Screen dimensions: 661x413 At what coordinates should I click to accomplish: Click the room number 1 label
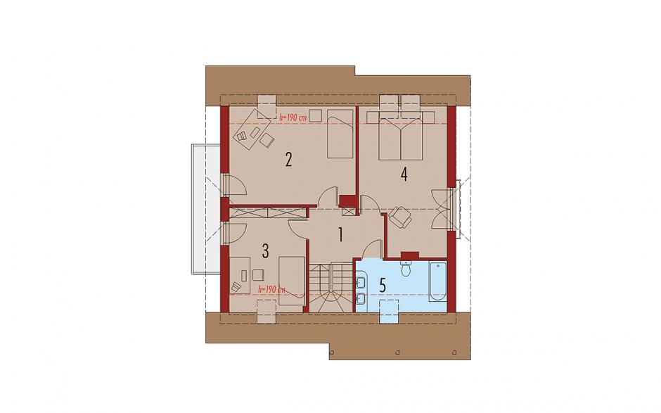pos(340,234)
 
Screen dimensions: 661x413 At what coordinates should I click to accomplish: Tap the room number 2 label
pos(288,160)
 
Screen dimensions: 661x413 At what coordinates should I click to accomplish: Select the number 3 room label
pos(265,251)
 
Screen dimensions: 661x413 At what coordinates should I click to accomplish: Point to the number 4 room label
pos(404,174)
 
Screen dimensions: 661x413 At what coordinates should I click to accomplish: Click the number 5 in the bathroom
pos(383,285)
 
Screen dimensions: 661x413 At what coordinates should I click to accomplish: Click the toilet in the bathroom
pos(406,267)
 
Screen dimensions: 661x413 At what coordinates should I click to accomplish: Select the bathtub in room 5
pos(437,281)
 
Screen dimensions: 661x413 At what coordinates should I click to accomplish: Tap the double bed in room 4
pos(401,139)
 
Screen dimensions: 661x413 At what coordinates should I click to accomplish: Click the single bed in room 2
pos(340,134)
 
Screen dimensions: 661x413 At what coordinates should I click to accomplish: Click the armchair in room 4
pos(399,217)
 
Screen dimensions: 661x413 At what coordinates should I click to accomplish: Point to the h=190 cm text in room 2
pos(293,117)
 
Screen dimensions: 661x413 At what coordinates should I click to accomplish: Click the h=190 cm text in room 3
pos(271,289)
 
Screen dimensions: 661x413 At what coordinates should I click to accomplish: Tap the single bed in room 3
pos(291,281)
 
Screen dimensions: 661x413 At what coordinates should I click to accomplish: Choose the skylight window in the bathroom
pos(389,311)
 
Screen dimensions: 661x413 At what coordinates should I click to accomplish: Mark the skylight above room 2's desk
pos(267,106)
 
